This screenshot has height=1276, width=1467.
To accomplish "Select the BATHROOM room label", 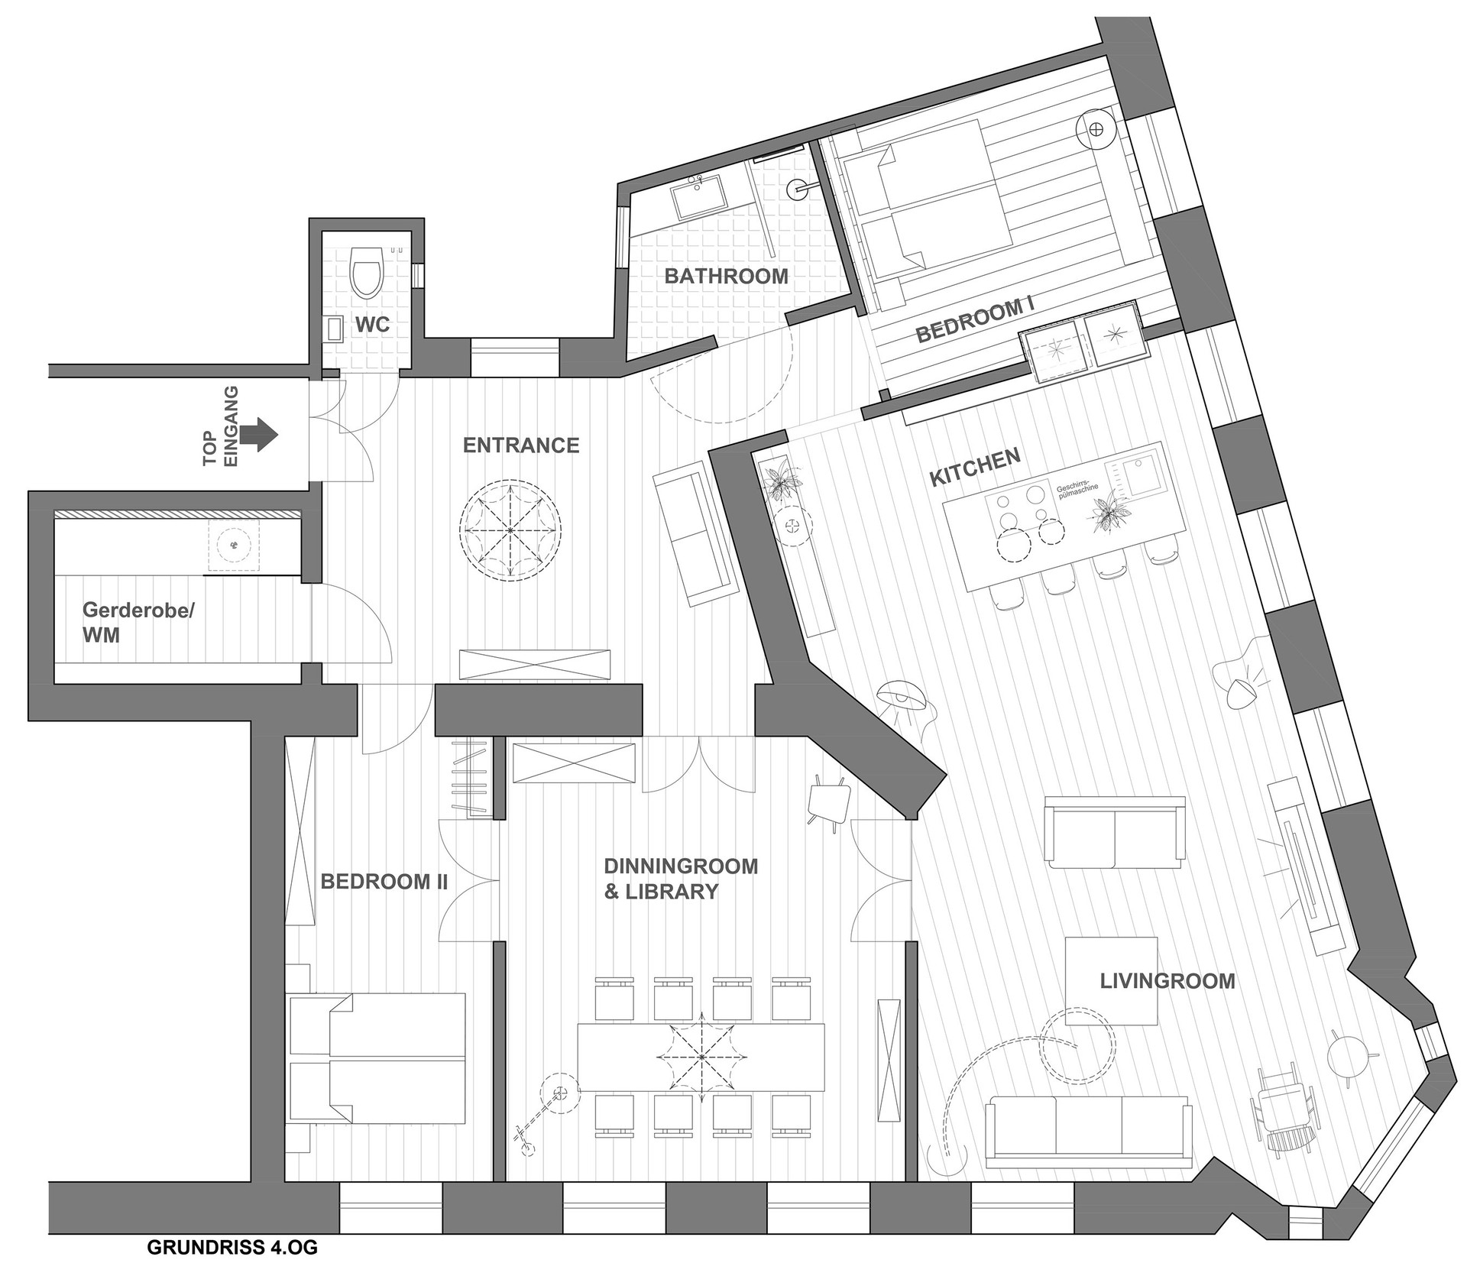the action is click(x=726, y=276).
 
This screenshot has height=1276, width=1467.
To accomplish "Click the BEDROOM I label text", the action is click(x=974, y=321).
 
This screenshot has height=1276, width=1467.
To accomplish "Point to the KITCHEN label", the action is click(x=974, y=468).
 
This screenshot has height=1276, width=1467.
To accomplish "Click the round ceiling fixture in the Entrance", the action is click(x=510, y=530).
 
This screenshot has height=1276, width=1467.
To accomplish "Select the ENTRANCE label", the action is click(x=521, y=445).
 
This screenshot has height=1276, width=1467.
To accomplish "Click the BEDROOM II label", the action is click(x=384, y=882).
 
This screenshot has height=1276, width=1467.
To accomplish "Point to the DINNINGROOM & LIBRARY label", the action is click(x=681, y=878).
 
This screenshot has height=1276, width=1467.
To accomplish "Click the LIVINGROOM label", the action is click(x=1167, y=981).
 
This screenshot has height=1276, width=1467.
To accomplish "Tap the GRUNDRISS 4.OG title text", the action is click(x=232, y=1248).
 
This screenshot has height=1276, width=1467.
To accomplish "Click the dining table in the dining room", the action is click(x=701, y=1057).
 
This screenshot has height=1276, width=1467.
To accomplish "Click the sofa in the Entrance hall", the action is click(x=693, y=538).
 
